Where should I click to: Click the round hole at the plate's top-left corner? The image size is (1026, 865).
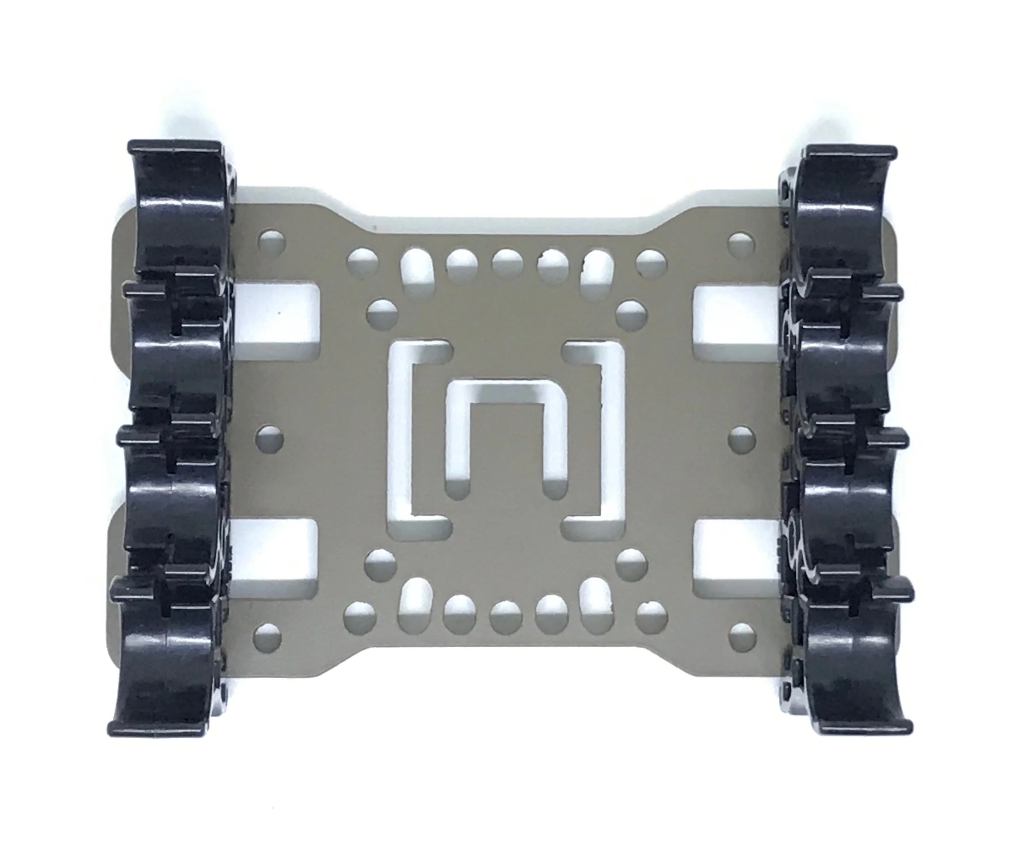point(272,241)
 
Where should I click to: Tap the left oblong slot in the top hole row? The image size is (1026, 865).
point(415,270)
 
